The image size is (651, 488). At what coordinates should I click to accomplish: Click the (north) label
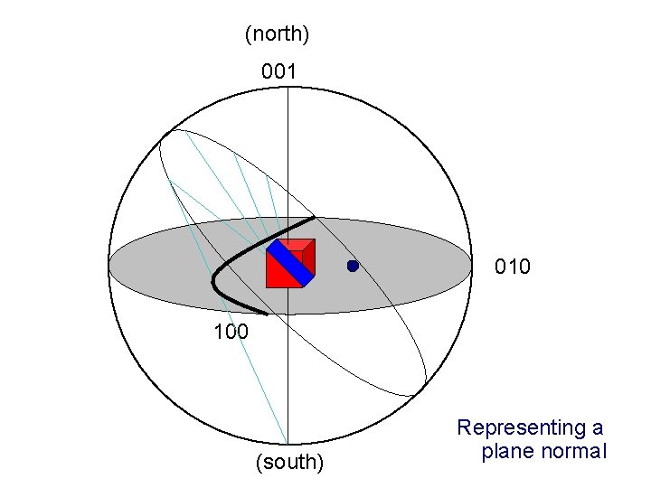click(278, 34)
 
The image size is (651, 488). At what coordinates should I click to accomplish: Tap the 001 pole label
click(279, 70)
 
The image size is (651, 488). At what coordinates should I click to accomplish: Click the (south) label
click(289, 463)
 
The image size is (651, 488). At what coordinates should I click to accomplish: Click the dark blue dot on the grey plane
click(353, 266)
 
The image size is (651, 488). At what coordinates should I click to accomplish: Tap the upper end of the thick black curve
click(313, 218)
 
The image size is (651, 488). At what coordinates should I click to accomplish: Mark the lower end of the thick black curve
click(266, 314)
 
